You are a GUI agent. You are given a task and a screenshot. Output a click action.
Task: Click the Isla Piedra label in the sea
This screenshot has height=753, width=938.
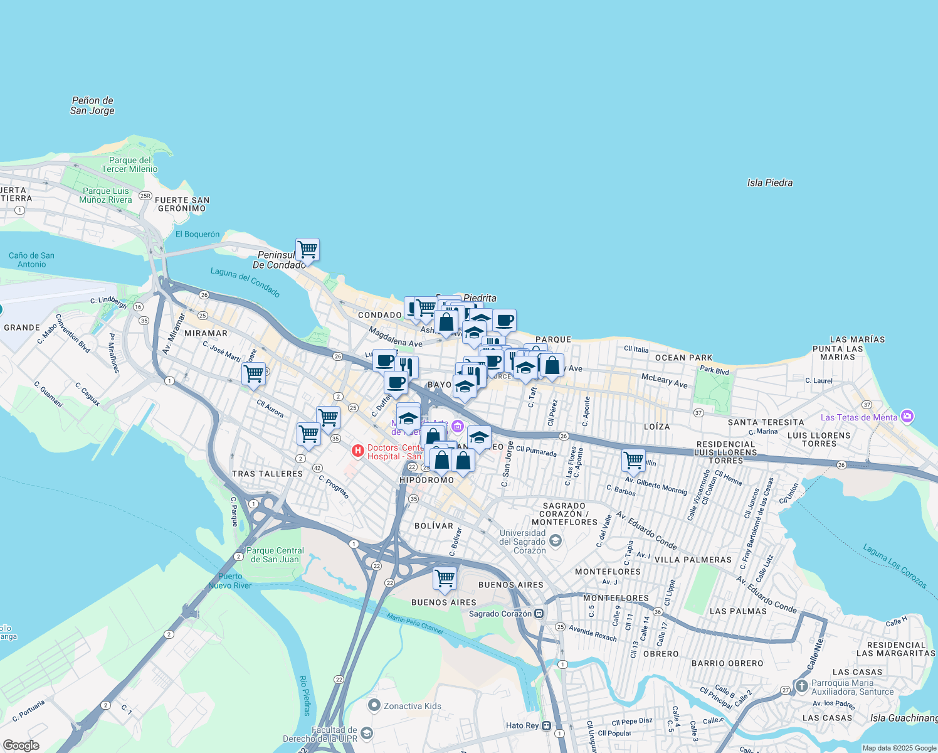click(x=769, y=183)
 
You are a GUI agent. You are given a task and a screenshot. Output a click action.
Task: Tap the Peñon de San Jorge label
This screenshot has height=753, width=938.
click(x=92, y=105)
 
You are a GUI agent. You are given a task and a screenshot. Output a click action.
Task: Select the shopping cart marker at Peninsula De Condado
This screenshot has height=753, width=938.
click(x=307, y=249)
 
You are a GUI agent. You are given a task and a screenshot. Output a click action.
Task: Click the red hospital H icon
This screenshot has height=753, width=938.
click(x=357, y=451)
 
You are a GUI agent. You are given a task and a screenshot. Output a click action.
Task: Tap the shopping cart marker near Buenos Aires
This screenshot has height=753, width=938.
click(x=445, y=577)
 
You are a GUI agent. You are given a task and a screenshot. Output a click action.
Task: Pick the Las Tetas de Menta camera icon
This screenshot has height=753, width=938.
click(x=907, y=416)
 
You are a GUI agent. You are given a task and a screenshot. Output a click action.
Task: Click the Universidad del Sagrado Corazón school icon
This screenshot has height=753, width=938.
click(x=555, y=540)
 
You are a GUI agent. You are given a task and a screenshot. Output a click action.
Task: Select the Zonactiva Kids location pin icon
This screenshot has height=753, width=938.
click(x=374, y=705)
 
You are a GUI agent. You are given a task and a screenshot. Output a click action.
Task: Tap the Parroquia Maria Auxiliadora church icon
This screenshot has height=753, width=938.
click(x=801, y=686)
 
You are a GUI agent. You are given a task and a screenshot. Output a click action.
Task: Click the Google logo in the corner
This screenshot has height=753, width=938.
click(x=21, y=745)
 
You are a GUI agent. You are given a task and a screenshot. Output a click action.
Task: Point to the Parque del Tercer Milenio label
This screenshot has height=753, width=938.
click(x=130, y=164)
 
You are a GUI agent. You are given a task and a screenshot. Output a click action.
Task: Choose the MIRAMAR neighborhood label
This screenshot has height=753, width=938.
click(x=206, y=333)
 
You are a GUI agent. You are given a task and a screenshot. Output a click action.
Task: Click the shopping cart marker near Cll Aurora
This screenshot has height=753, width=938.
click(x=253, y=374)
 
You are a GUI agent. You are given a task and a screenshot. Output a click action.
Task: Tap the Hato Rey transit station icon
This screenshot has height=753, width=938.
click(x=547, y=726)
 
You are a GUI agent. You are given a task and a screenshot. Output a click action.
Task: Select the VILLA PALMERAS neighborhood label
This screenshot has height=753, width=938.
click(x=693, y=560)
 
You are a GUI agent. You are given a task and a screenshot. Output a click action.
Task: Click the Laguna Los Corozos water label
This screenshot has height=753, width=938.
click(x=895, y=566)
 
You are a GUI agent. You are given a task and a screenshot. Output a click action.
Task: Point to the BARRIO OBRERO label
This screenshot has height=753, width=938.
click(x=727, y=663)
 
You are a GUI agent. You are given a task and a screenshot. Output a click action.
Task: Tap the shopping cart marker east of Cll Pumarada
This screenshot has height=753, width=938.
click(x=633, y=460)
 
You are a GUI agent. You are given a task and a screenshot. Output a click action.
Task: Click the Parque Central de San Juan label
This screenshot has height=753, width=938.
click(x=275, y=555)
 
